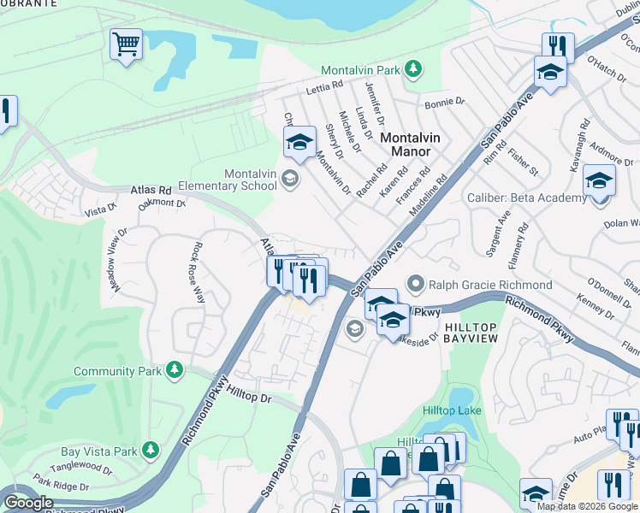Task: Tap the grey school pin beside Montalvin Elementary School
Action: (x=290, y=178)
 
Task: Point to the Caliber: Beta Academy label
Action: (x=526, y=198)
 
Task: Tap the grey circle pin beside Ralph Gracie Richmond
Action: (x=417, y=283)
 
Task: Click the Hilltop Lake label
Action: (x=452, y=410)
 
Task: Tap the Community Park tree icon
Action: (x=175, y=369)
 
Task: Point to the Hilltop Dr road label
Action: (x=250, y=398)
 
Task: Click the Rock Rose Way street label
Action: (x=199, y=272)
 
